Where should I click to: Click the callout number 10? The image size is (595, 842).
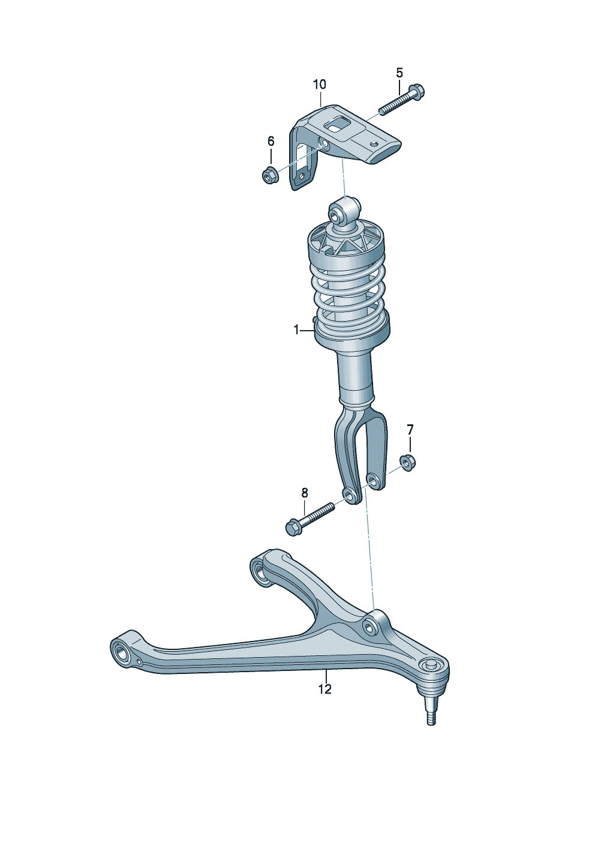pos(320,85)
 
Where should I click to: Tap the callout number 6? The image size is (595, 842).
pos(271,141)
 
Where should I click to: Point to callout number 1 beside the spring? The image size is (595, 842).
pos(296,330)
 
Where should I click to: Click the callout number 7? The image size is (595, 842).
pos(410,429)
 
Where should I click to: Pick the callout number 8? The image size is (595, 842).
pos(304,493)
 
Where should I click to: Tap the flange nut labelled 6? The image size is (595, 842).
pos(269,176)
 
